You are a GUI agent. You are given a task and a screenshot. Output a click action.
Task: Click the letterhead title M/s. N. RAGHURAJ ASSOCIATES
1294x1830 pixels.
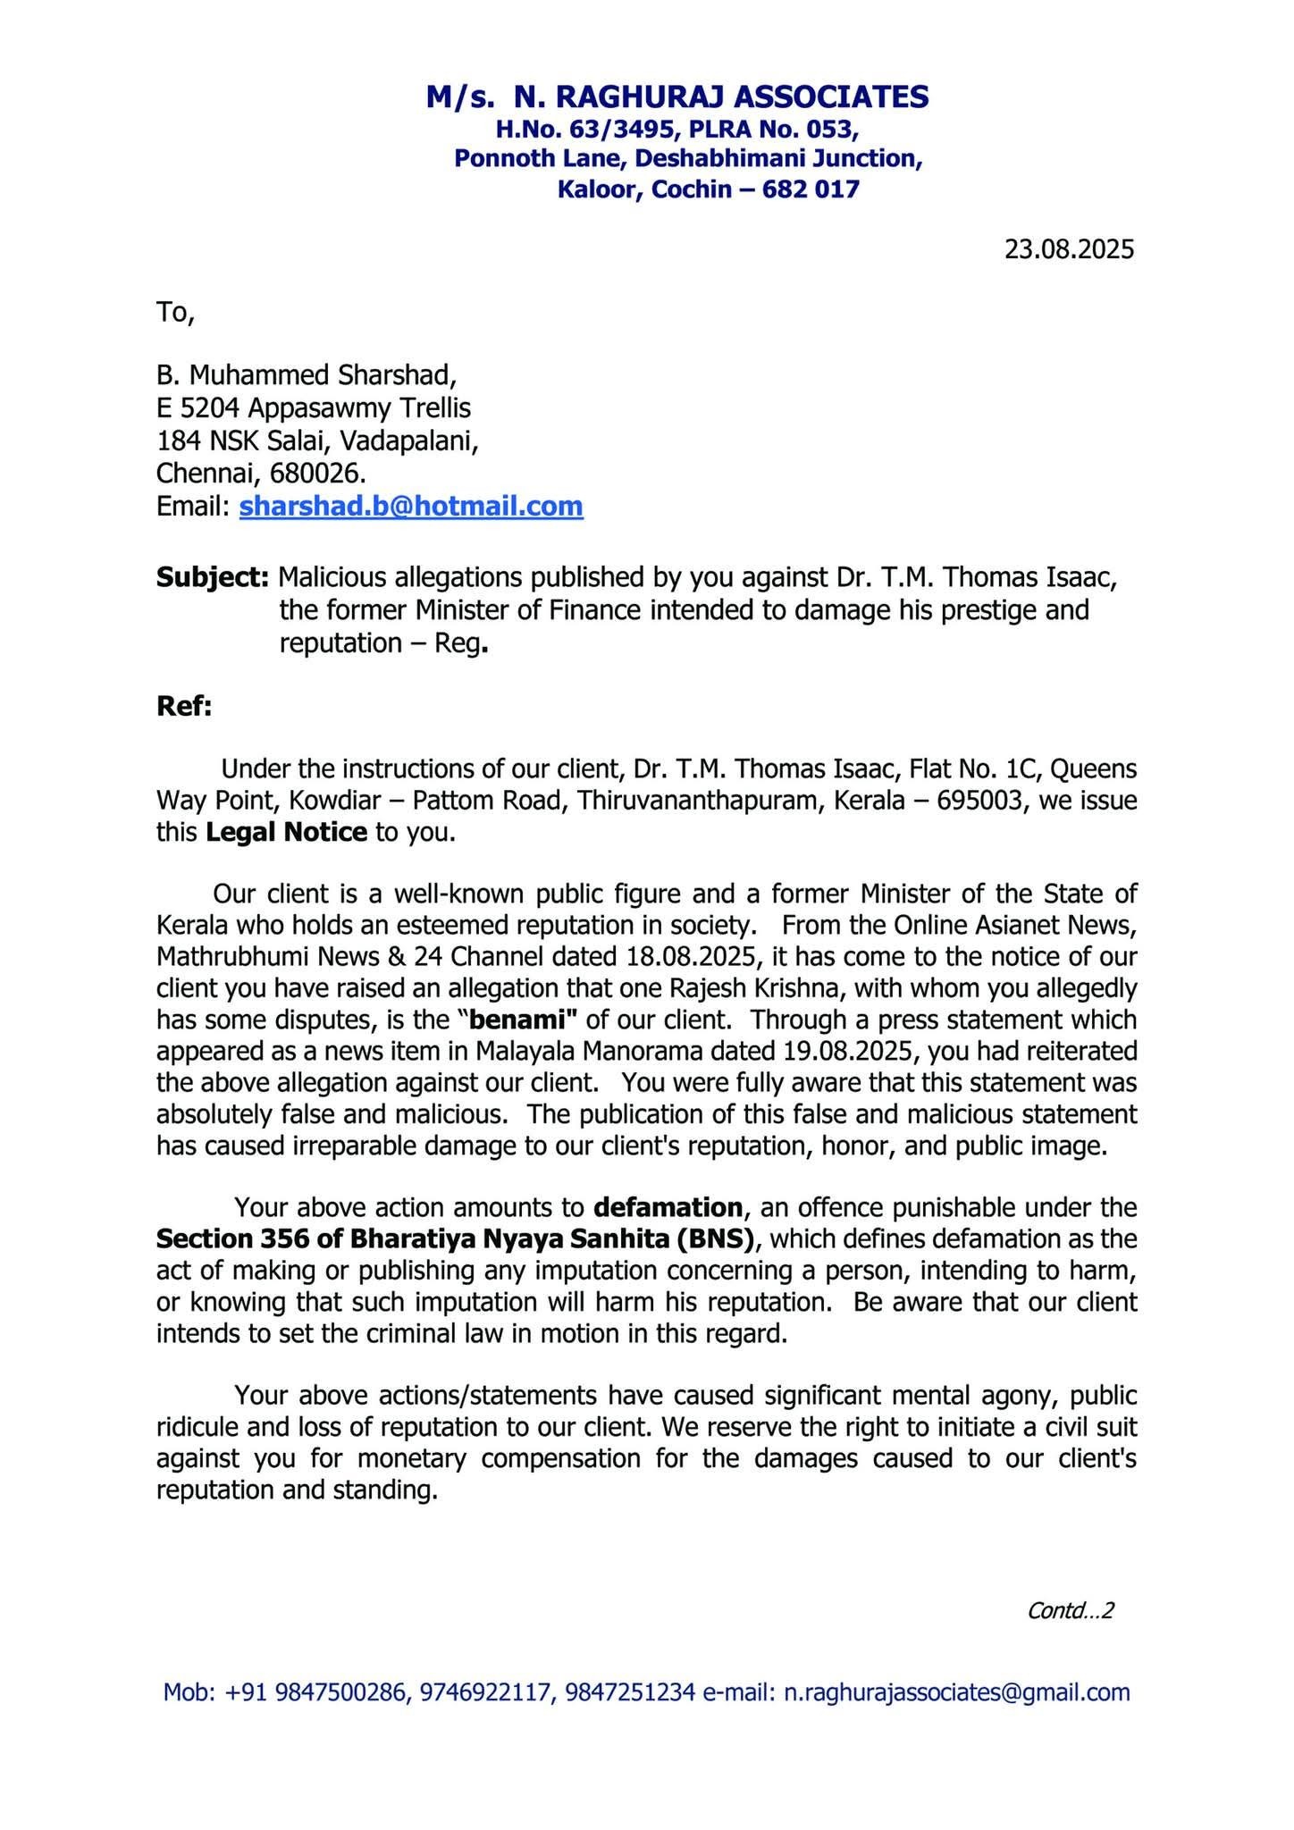[676, 97]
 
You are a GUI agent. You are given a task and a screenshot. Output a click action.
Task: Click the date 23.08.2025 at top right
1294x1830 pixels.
[1068, 248]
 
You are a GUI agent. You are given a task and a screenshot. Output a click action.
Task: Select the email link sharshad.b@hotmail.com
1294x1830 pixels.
[411, 507]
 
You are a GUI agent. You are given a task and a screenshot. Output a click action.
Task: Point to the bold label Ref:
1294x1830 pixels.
[183, 707]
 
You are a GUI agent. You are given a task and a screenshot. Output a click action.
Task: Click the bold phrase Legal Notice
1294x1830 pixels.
[286, 832]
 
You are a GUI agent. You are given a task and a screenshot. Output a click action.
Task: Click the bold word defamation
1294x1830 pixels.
[668, 1207]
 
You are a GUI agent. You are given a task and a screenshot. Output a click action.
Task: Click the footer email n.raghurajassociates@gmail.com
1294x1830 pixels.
[956, 1692]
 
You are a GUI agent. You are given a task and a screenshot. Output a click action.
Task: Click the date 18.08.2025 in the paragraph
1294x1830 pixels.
[688, 957]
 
